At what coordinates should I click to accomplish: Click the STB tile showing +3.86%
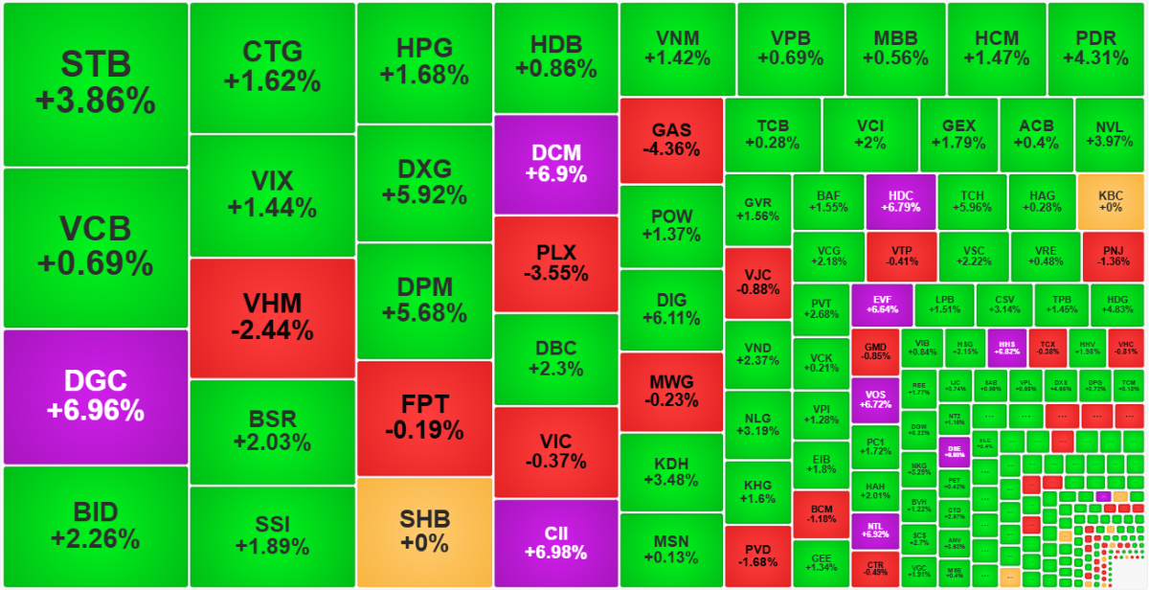point(96,84)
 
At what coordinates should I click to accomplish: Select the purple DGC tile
point(96,397)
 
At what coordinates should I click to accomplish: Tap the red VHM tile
point(273,318)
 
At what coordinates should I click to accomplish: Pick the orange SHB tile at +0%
point(424,532)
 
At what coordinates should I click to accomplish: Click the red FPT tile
point(424,418)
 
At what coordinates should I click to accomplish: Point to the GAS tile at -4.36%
point(671,140)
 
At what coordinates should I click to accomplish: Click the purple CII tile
point(556,542)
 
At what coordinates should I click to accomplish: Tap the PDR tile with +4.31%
point(1095,48)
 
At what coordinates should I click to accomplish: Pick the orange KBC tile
point(1111,201)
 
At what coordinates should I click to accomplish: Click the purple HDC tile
point(900,201)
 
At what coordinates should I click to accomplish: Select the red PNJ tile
point(1111,256)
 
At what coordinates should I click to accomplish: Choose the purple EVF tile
point(881,304)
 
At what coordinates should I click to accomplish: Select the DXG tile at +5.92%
point(424,182)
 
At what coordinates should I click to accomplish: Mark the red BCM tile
point(822,512)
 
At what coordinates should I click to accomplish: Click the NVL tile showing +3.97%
point(1110,135)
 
